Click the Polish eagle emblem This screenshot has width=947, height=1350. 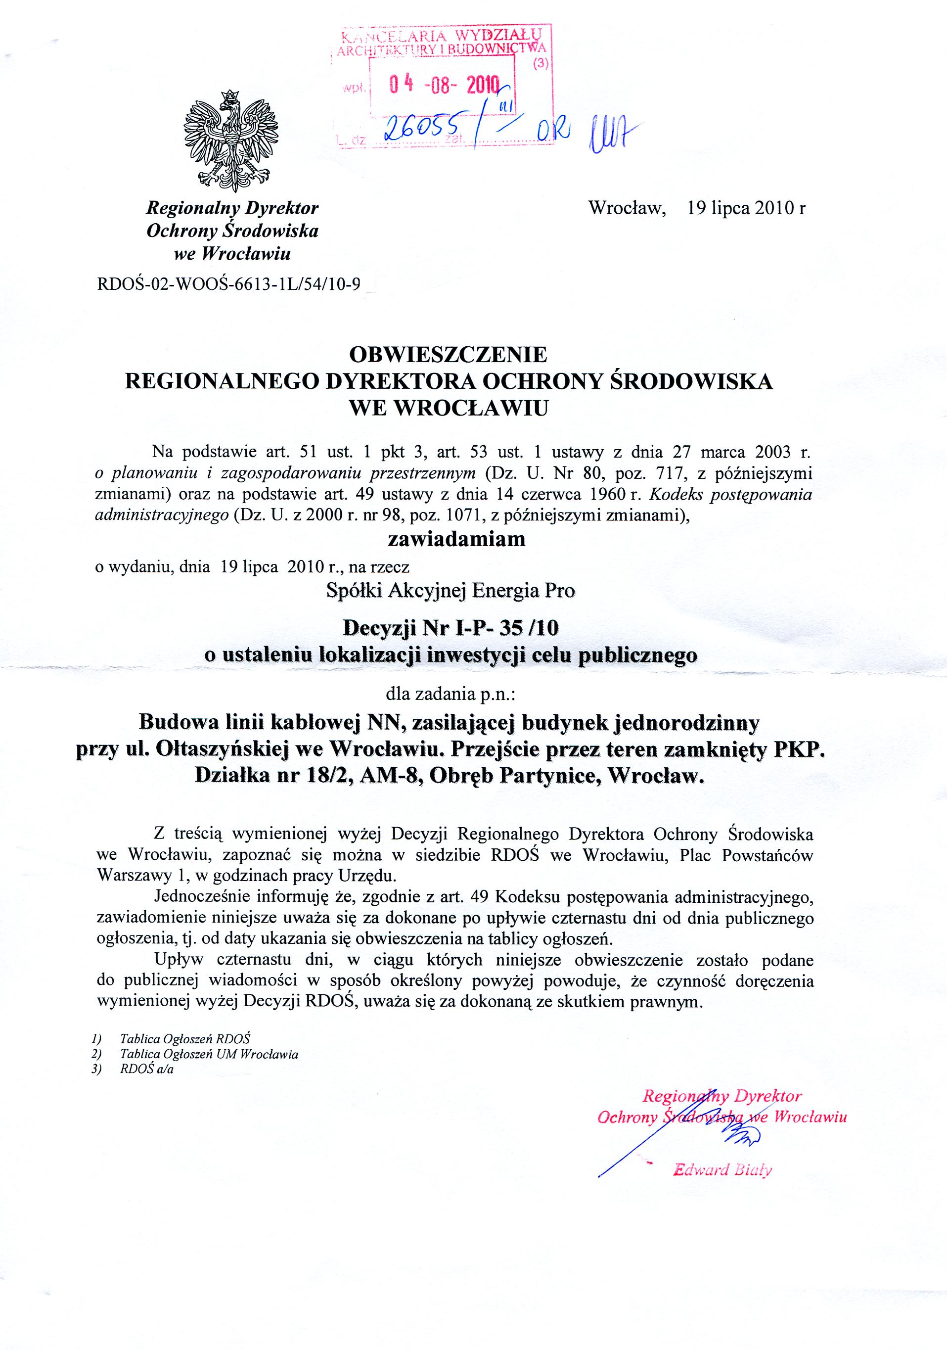[x=230, y=137]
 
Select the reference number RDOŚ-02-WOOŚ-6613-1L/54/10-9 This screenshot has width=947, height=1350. [x=228, y=285]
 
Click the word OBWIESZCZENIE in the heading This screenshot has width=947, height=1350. [x=448, y=355]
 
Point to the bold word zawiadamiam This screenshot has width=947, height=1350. [x=448, y=539]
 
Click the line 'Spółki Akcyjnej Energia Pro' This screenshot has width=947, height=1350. [x=451, y=590]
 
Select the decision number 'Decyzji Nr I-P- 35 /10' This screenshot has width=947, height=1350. [x=451, y=628]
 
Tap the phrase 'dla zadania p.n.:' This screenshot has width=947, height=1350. [x=451, y=695]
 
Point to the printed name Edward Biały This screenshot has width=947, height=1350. [x=722, y=1169]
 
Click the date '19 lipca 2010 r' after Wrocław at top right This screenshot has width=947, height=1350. [x=746, y=209]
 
